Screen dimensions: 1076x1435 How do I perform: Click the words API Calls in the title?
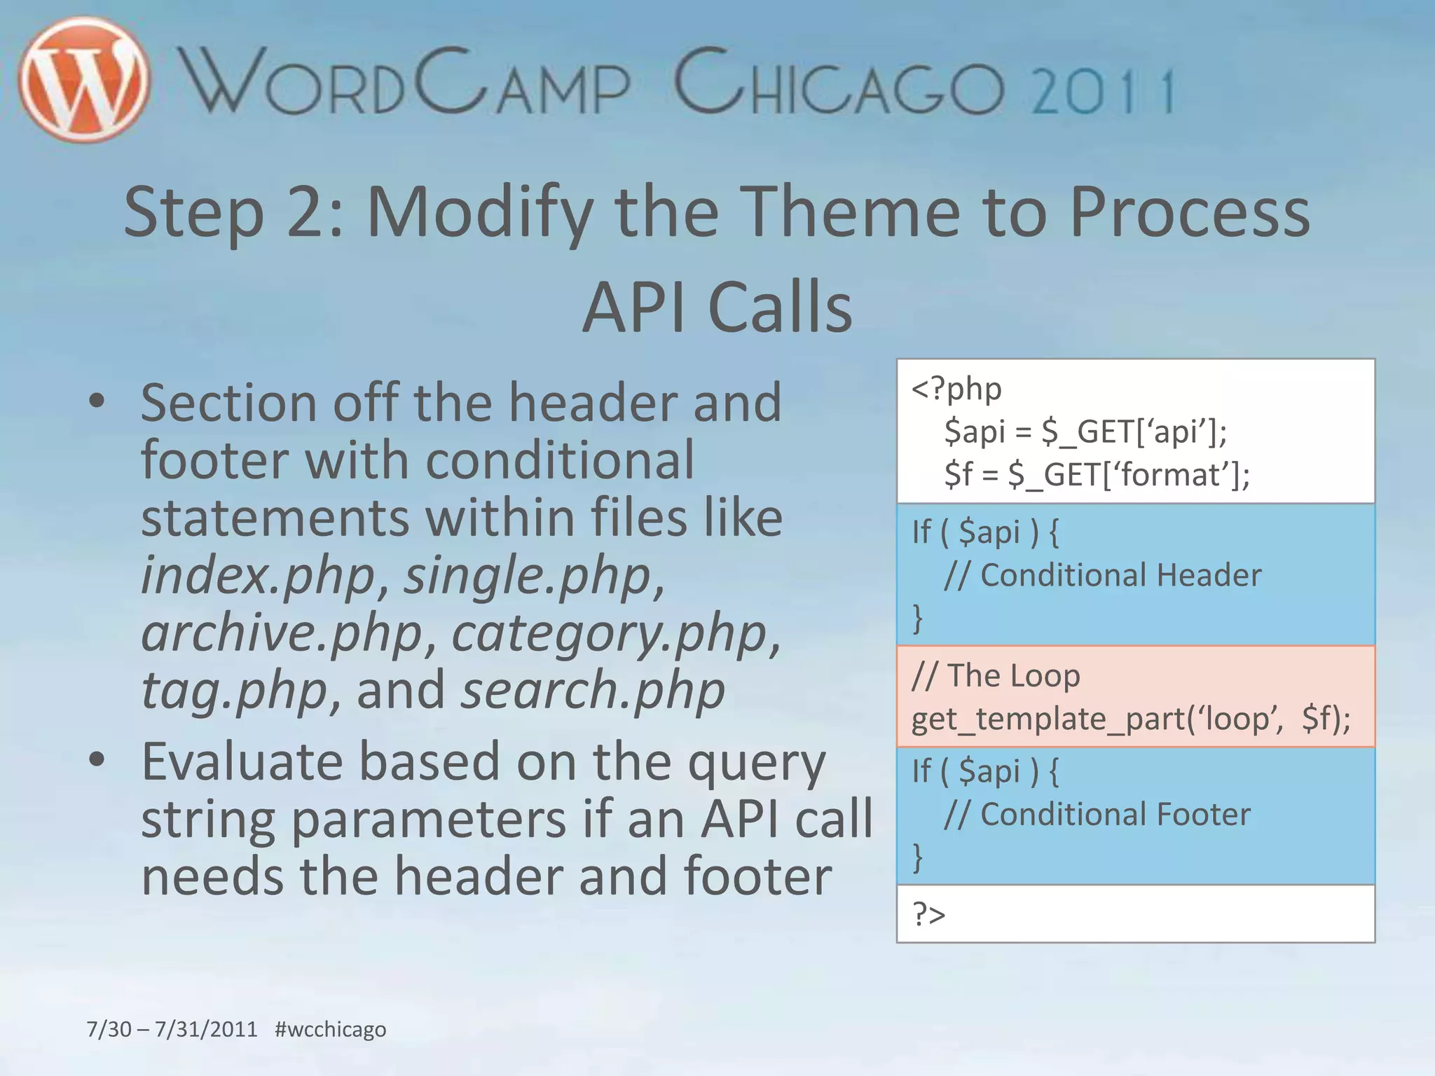coord(717,307)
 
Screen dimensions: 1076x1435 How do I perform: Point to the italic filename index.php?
coord(259,575)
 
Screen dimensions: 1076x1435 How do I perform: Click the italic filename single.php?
coord(527,575)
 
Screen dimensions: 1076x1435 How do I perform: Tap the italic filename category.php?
coord(609,633)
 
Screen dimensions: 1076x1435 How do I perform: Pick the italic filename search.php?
coord(593,690)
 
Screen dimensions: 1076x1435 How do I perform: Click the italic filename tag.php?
coord(234,690)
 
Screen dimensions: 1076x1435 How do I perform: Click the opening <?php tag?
coord(956,389)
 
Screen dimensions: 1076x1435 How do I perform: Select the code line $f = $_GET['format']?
coord(1097,474)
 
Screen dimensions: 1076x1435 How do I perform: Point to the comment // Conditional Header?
coord(1102,574)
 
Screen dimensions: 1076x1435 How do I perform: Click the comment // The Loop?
coord(996,675)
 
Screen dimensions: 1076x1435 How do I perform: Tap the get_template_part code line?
coord(1130,719)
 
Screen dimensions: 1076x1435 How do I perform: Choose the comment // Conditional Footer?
coord(1097,814)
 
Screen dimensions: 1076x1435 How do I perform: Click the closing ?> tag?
coord(928,914)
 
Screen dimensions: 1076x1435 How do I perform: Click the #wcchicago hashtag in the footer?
coord(330,1029)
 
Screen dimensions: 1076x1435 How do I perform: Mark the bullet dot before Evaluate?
coord(97,759)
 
